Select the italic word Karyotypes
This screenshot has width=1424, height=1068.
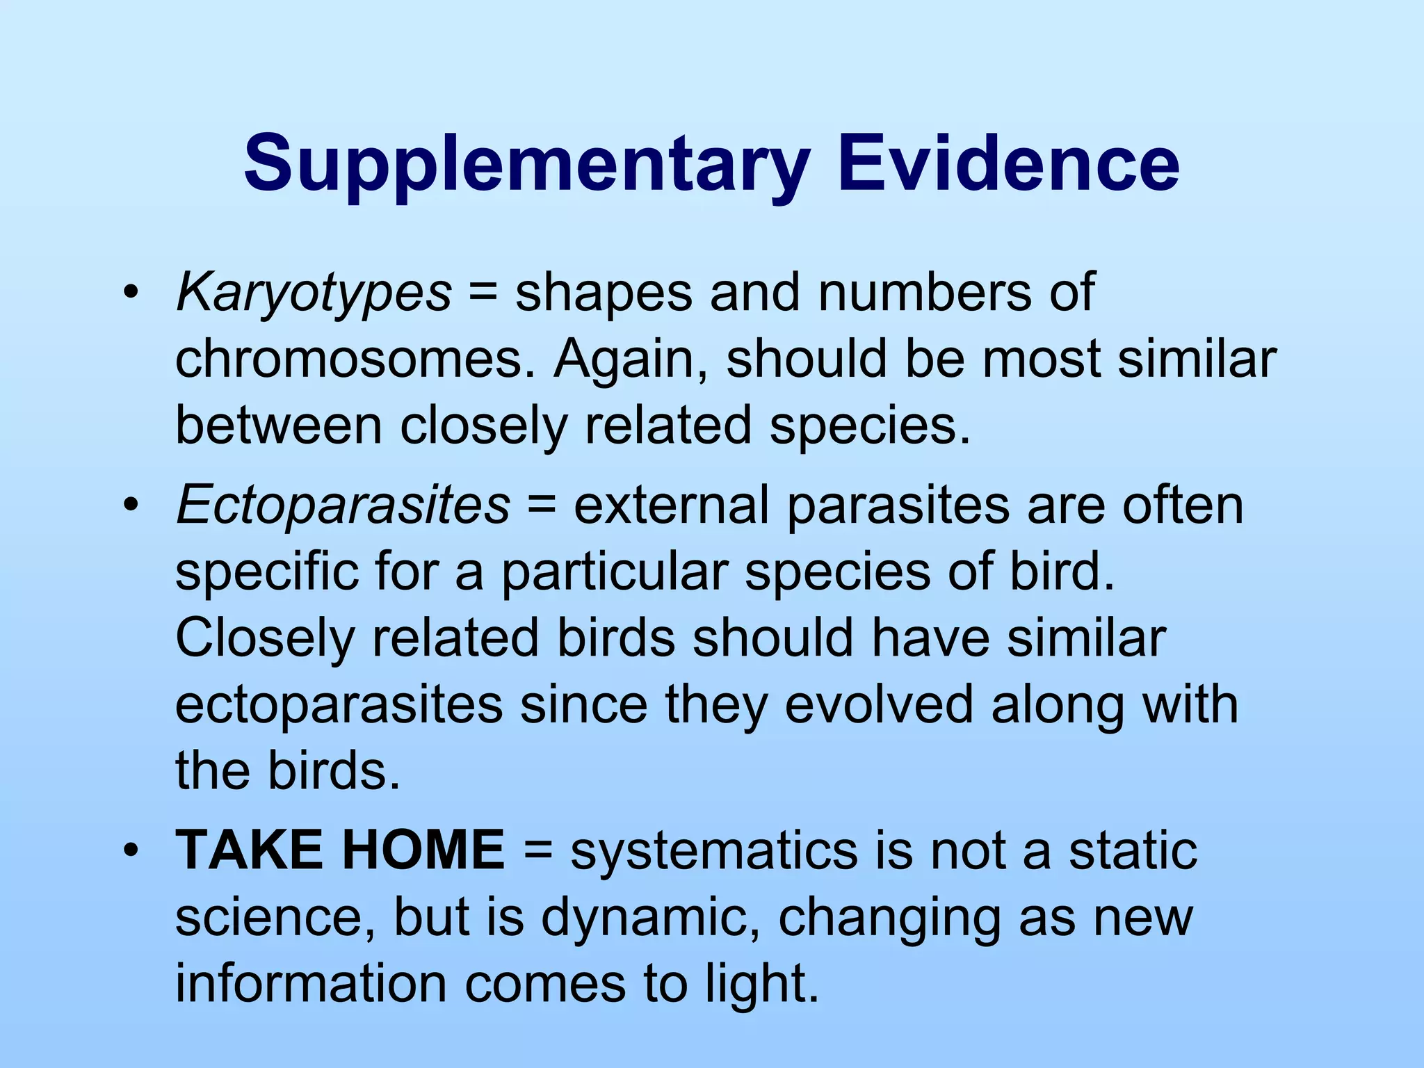pos(314,293)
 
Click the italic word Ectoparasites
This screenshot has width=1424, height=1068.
pos(343,505)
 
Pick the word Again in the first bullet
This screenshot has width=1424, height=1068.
pos(629,359)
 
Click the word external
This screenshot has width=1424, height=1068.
pos(671,505)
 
